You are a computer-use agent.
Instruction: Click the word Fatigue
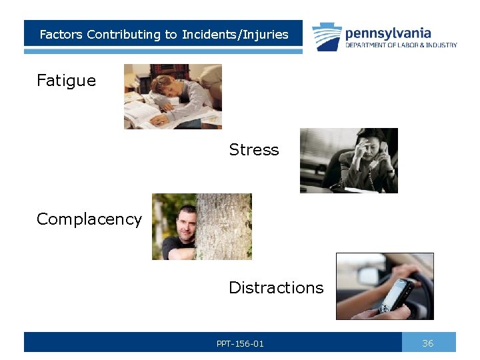(66, 81)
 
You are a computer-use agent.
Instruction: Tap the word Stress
(253, 150)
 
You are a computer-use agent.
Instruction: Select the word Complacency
(89, 219)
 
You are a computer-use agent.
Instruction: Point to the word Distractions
(276, 288)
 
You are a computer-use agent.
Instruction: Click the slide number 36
(428, 343)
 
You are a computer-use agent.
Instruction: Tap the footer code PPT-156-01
(240, 344)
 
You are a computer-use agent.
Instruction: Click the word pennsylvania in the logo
(388, 33)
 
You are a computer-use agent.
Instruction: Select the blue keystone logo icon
(327, 36)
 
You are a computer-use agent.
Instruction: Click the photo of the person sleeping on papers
(173, 97)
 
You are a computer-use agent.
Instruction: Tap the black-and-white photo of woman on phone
(349, 161)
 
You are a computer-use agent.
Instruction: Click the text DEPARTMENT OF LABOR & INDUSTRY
(401, 45)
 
